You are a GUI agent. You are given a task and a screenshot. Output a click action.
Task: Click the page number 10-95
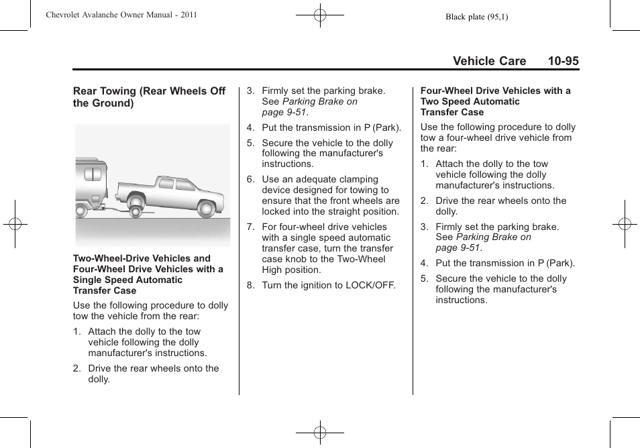coord(562,61)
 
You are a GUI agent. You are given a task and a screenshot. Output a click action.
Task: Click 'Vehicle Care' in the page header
coord(489,61)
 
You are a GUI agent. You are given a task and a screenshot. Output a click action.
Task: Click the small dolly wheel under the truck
coord(136,211)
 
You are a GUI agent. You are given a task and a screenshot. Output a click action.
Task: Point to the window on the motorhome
coord(93,174)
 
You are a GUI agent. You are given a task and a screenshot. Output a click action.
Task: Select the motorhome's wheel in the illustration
coord(81,211)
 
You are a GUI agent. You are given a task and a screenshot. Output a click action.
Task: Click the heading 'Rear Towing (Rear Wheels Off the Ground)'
coord(149,97)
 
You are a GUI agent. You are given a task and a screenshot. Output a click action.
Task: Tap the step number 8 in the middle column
coord(250,286)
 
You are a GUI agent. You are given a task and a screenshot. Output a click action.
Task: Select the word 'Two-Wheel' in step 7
coord(362,259)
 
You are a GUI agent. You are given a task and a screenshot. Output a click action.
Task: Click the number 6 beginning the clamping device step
coord(250,180)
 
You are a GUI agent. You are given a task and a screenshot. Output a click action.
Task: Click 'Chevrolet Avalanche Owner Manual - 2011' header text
coord(121,15)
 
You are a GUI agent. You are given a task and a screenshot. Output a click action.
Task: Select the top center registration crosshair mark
coord(320,15)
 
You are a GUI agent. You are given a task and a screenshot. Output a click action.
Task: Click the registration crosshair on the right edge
coord(624,224)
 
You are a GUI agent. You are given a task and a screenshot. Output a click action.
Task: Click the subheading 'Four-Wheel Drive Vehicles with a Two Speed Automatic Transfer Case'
coord(495,101)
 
